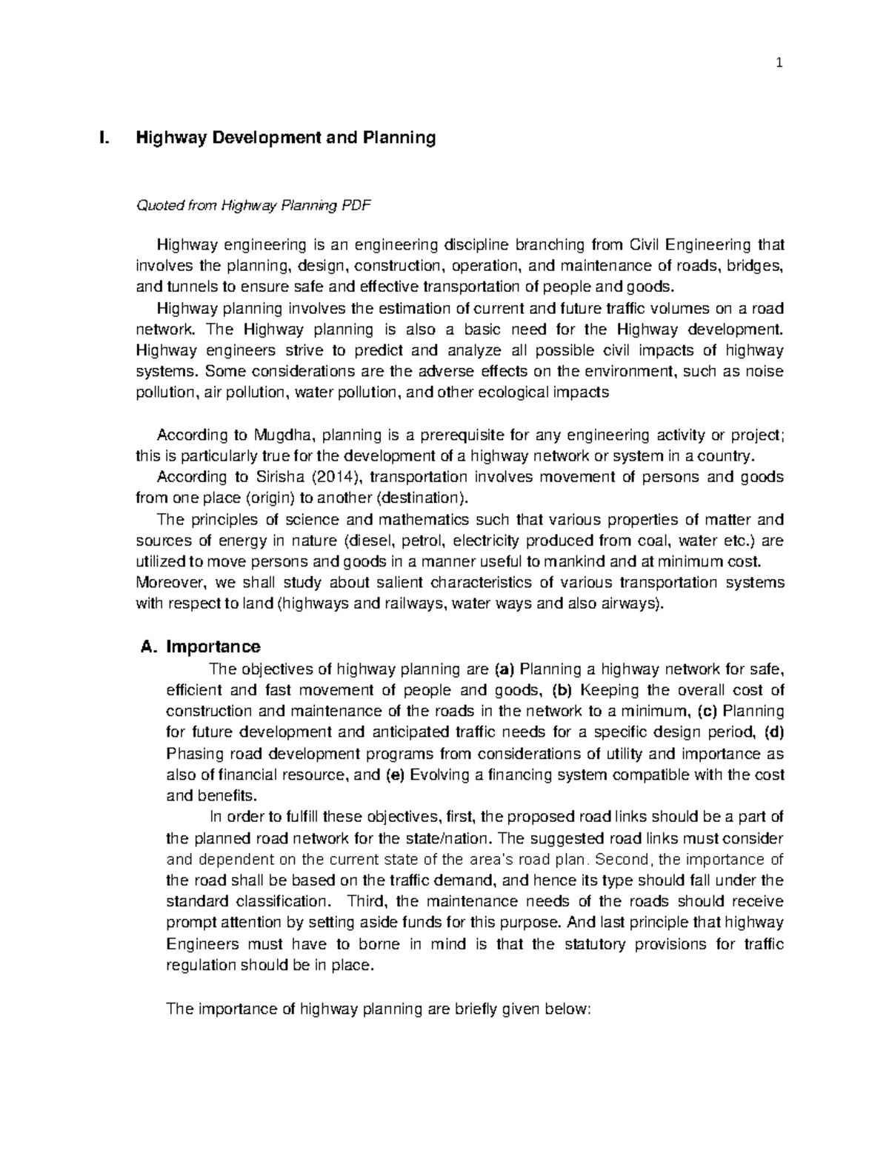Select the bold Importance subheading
(213, 647)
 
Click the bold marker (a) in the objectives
(504, 670)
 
